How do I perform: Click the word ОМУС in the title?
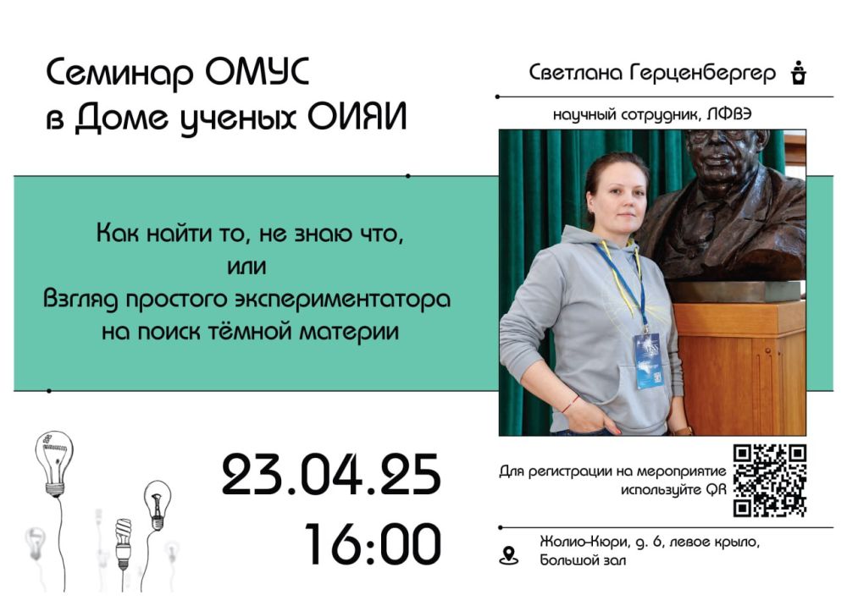click(x=257, y=71)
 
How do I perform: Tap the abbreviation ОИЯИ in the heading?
click(x=357, y=117)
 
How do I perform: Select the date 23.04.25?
click(x=331, y=475)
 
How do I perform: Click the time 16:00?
click(x=373, y=543)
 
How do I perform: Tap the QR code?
click(x=770, y=480)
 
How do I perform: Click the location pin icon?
click(x=508, y=556)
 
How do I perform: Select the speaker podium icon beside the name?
click(x=799, y=73)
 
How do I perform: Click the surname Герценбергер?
click(x=702, y=73)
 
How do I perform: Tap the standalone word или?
click(x=246, y=267)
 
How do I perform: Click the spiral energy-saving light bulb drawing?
click(x=124, y=543)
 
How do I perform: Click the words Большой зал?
click(x=583, y=560)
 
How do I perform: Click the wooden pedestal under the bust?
click(x=740, y=367)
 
